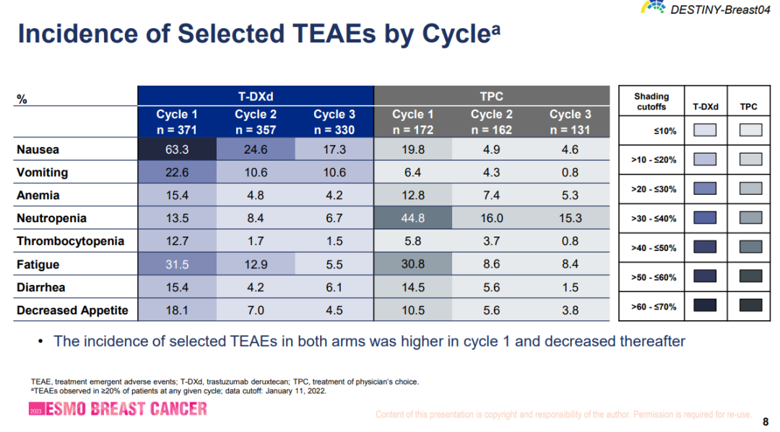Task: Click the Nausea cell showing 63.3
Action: coord(177,150)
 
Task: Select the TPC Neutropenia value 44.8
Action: coord(413,219)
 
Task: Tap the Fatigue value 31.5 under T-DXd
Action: coord(177,265)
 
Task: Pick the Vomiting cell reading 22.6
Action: coord(177,173)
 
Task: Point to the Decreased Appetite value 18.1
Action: coord(177,311)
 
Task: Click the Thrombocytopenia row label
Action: coord(71,242)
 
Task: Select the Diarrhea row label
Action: coord(41,288)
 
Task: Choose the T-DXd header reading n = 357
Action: coord(256,131)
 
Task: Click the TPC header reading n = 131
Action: coord(570,131)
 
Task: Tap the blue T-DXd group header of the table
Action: coord(256,96)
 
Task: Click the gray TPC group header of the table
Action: coord(491,96)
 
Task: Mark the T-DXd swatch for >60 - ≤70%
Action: coord(705,307)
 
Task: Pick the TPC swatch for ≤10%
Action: coord(749,130)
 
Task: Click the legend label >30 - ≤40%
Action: coord(651,219)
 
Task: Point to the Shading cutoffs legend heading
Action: coord(651,101)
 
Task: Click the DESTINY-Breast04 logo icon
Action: coord(654,8)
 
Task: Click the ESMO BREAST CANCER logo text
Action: coord(126,409)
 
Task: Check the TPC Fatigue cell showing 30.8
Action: coord(413,265)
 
